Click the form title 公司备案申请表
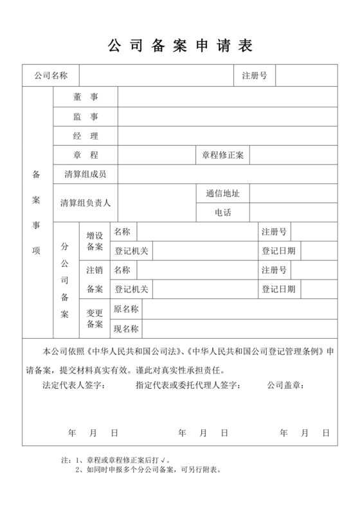(x=179, y=46)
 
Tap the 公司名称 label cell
(x=51, y=75)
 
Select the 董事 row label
(x=85, y=96)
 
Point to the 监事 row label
(x=85, y=116)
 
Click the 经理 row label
(x=85, y=136)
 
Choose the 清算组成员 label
(x=85, y=174)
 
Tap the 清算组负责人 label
(x=85, y=202)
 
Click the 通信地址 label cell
(x=222, y=193)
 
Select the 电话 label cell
(x=222, y=212)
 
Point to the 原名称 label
(x=126, y=309)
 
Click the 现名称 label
(x=126, y=328)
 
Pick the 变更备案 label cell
(x=94, y=319)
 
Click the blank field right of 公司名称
(x=157, y=75)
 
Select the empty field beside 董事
(x=228, y=96)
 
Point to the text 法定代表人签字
(x=74, y=386)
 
